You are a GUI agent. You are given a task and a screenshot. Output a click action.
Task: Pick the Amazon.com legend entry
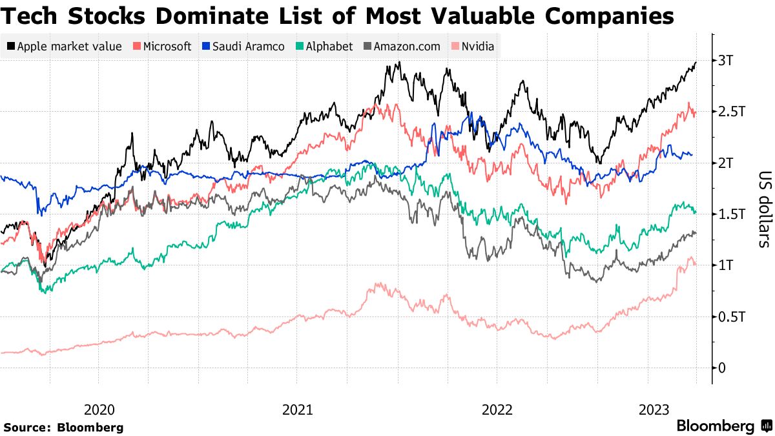point(407,46)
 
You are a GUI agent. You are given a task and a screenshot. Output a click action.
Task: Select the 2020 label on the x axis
point(99,410)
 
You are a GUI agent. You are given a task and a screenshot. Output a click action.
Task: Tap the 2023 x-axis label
point(654,410)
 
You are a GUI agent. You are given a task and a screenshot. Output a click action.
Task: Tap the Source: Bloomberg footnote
point(63,427)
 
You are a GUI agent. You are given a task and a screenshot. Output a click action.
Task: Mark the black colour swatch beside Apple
point(11,46)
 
